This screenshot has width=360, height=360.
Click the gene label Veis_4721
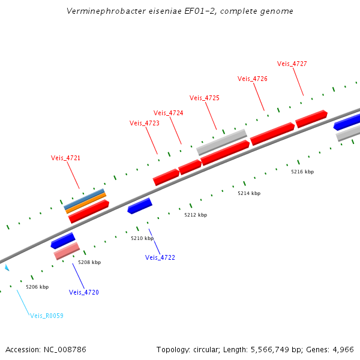[x=65, y=158]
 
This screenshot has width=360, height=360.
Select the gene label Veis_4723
[x=145, y=123]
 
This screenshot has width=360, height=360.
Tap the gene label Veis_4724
[x=169, y=113]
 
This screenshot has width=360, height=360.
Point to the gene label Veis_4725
[x=205, y=98]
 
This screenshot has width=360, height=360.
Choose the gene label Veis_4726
[x=253, y=79]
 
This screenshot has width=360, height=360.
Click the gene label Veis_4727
[x=292, y=64]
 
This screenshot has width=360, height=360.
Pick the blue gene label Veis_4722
[x=160, y=257]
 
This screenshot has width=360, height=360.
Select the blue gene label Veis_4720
[x=84, y=292]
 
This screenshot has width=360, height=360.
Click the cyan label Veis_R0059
[x=47, y=316]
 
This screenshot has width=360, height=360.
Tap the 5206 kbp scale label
[x=37, y=287]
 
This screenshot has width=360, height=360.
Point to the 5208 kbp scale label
[x=89, y=262]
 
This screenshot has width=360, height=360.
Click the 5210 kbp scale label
[x=142, y=238]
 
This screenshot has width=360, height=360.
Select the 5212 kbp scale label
[x=196, y=215]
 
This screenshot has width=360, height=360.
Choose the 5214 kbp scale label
[x=249, y=193]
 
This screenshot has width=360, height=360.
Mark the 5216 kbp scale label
[x=302, y=172]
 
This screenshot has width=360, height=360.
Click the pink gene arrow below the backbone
[x=67, y=251]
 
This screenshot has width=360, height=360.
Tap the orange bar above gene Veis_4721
[x=86, y=203]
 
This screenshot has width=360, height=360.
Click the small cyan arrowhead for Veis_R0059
[x=7, y=268]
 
